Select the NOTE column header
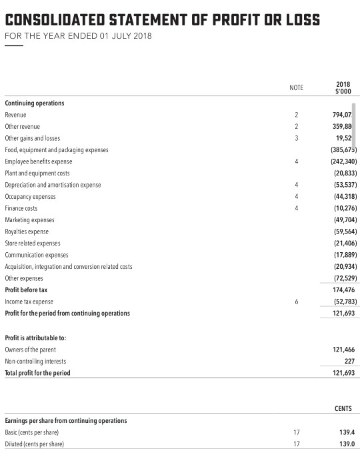(x=296, y=87)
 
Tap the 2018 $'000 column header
(x=343, y=87)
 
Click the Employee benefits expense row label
(x=39, y=161)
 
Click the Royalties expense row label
(x=28, y=231)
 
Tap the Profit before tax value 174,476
(x=342, y=290)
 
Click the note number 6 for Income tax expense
(x=296, y=302)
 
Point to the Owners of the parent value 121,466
(x=342, y=350)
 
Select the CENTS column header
(x=343, y=408)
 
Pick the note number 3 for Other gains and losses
(x=296, y=138)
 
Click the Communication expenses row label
(x=37, y=255)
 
